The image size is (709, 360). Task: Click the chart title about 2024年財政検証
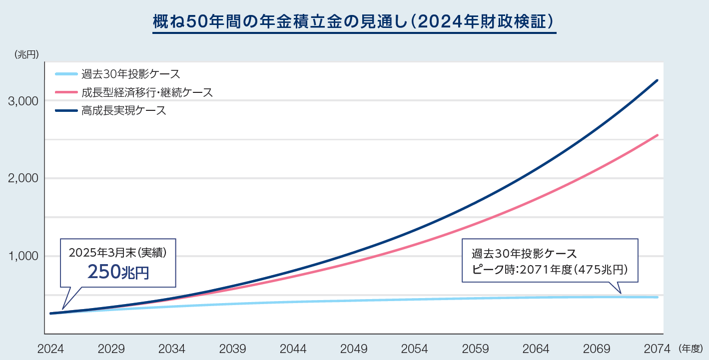point(354,22)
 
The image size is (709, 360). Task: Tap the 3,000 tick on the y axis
point(23,101)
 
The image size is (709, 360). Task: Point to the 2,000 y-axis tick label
point(23,178)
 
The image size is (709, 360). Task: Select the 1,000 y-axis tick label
point(23,256)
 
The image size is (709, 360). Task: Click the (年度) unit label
point(691,348)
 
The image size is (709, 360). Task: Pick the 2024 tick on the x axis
point(50,349)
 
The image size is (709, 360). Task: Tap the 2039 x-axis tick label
point(232,349)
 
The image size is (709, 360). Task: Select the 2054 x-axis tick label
point(414,349)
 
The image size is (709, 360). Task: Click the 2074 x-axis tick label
point(657,349)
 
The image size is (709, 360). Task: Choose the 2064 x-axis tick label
point(536,349)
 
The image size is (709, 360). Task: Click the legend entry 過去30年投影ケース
point(130,74)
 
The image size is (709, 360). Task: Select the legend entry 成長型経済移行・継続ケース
point(147,92)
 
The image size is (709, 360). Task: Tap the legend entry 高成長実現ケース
point(123,110)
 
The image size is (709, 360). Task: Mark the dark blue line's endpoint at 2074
point(657,80)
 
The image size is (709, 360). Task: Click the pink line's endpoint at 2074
point(657,135)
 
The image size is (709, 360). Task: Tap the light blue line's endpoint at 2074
point(657,297)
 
